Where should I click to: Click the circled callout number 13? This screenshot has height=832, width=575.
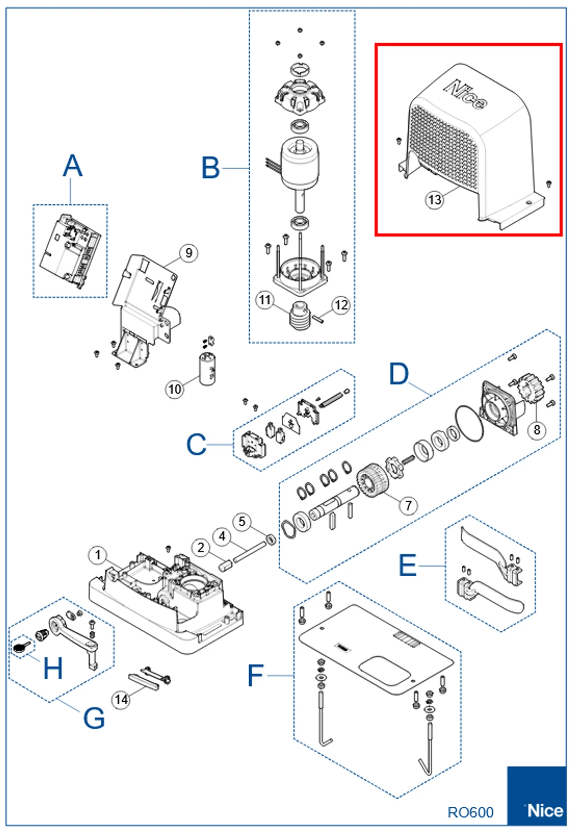(434, 200)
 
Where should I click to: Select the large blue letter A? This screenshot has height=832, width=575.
(72, 166)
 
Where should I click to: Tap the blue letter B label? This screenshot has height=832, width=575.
(211, 168)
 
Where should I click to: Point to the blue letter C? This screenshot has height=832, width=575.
(196, 444)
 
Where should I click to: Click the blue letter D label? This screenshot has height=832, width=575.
(399, 374)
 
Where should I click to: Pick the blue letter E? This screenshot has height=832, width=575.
(408, 566)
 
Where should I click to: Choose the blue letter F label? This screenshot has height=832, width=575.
(255, 675)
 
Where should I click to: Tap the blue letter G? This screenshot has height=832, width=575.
(94, 717)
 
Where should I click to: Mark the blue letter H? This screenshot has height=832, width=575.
(53, 668)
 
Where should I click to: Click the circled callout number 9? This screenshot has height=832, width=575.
(189, 253)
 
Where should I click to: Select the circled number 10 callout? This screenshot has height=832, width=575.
(175, 389)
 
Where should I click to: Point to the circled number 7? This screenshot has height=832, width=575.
(408, 505)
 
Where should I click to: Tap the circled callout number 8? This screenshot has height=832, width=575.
(537, 430)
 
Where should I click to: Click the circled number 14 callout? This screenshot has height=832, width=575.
(121, 700)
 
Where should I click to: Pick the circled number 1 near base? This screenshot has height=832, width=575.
(98, 555)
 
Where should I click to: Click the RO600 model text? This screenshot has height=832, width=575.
(470, 812)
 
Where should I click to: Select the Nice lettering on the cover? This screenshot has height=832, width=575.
(465, 95)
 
